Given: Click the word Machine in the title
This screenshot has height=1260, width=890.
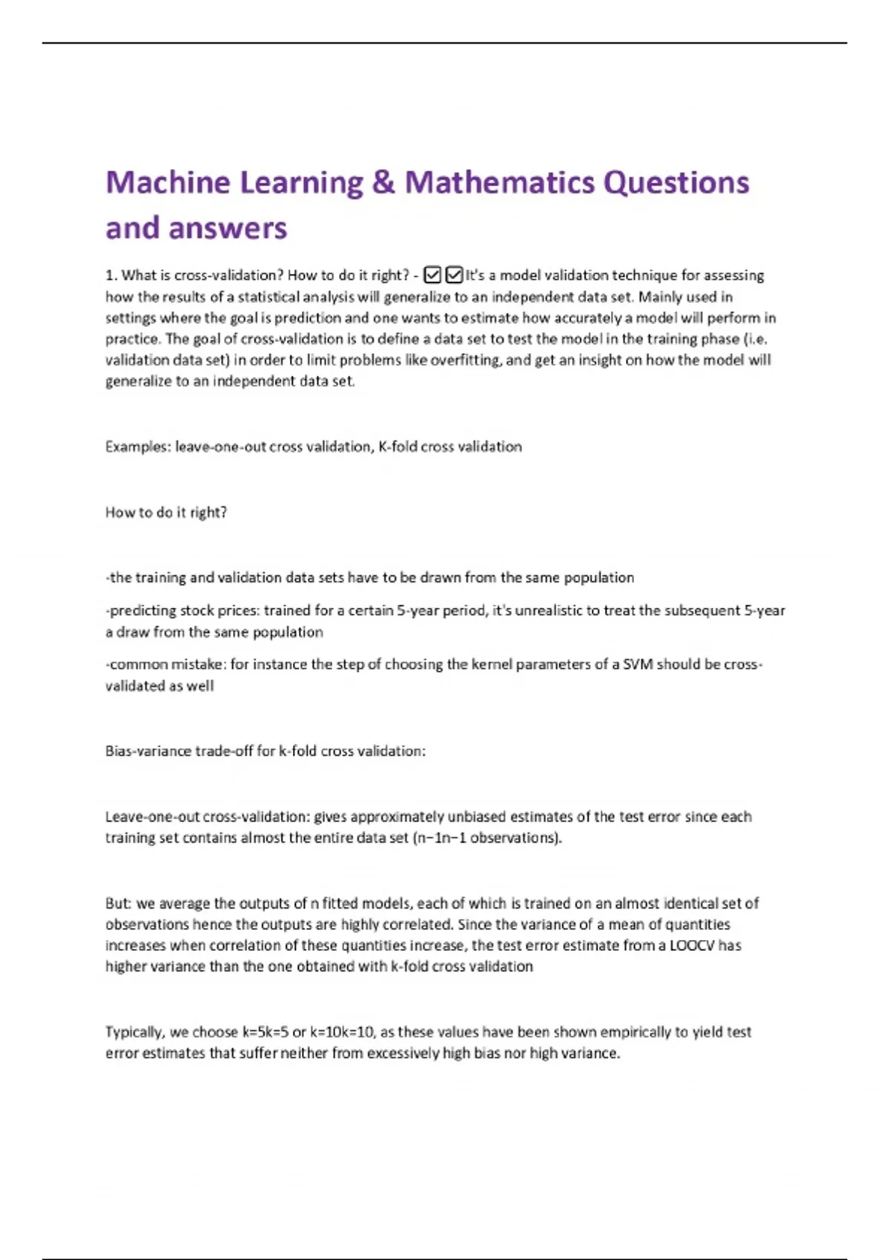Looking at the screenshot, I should coord(168,183).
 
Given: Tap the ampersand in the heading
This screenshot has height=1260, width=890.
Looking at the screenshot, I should coord(383,183).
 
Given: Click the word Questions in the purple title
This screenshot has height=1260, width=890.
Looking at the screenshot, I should coord(676,183).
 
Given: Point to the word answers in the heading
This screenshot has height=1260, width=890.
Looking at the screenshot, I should coord(227,228).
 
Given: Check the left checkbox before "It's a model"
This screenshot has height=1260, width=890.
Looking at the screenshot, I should coord(432,276).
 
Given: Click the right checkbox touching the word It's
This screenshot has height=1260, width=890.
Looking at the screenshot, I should coord(454,276).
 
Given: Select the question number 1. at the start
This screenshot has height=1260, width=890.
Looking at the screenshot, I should coord(111,276).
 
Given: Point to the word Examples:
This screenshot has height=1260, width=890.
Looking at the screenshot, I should coord(138,447).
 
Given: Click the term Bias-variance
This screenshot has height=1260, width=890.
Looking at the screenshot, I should coord(148,751).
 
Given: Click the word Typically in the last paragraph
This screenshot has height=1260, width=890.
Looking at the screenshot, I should coord(134,1032).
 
